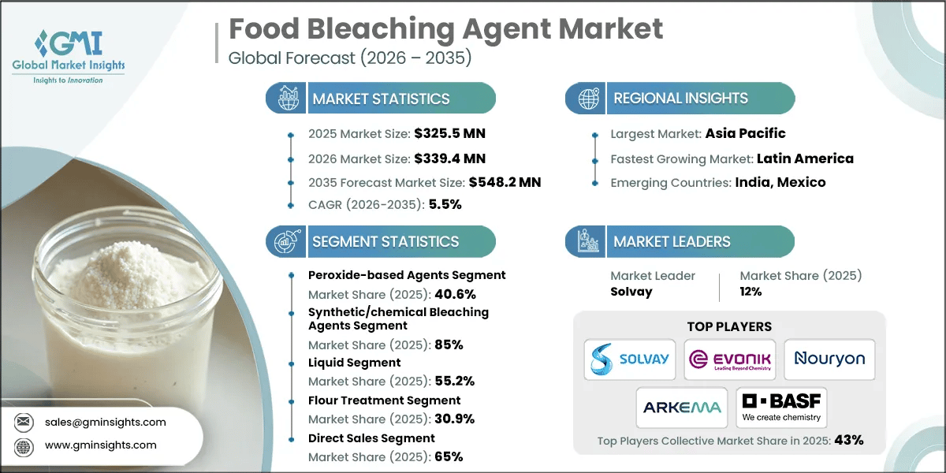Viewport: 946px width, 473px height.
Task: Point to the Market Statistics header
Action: pos(381,99)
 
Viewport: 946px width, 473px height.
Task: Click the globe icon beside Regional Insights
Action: pos(587,99)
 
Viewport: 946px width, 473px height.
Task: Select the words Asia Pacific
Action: pos(745,133)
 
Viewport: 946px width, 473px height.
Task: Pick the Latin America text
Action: pos(804,158)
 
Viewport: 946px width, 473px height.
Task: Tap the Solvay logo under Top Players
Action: pos(631,359)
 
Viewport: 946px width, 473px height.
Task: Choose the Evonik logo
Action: pos(729,359)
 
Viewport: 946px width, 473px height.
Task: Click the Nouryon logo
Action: pos(829,359)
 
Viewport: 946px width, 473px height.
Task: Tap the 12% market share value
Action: pos(750,292)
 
